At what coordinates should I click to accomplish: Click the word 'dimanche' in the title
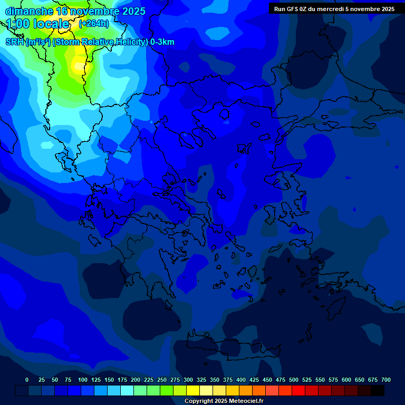30,11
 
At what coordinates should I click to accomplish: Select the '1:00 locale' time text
38,24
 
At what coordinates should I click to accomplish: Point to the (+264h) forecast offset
94,24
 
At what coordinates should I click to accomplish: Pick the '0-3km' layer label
162,42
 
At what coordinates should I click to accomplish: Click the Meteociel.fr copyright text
224,401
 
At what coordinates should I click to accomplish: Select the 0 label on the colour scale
27,380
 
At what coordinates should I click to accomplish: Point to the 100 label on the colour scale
83,380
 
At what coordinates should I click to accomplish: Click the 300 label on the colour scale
188,380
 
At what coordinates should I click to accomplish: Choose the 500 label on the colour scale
294,380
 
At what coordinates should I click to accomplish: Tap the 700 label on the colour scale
386,380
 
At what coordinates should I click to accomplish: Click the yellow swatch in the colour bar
193,390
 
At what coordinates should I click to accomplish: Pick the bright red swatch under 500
298,390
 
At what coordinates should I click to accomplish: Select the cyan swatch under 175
127,390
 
